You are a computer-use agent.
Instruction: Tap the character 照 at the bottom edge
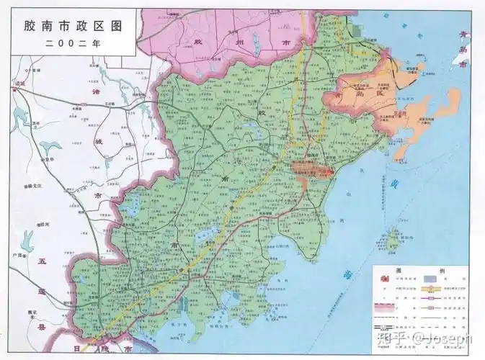tap(108, 348)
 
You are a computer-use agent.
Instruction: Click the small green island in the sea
tap(393, 235)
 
